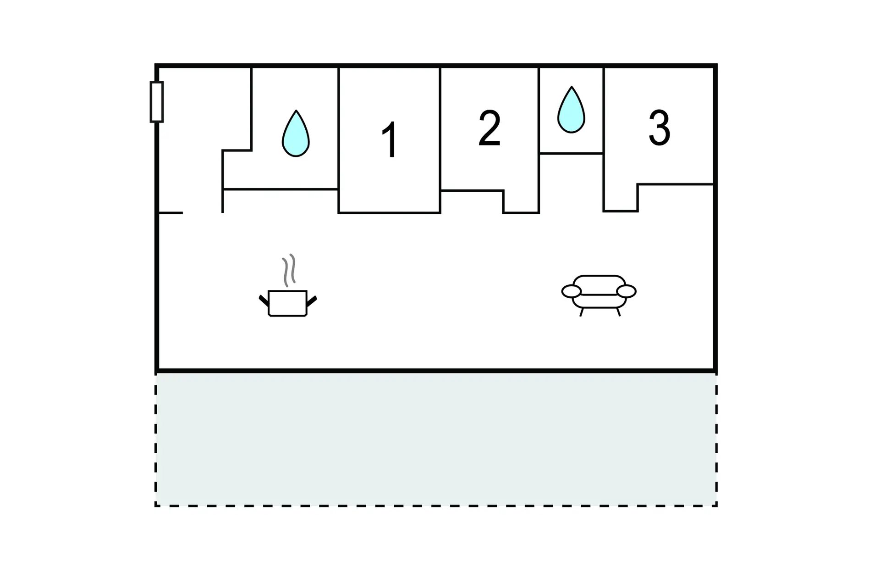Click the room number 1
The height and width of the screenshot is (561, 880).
390,140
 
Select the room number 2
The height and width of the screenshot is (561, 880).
489,128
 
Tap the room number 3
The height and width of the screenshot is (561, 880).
660,128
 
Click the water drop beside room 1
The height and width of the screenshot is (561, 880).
296,133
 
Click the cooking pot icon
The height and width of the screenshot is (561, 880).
288,286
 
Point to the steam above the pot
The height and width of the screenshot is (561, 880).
289,270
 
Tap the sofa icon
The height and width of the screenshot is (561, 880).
599,295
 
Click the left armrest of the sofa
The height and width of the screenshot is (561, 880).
572,291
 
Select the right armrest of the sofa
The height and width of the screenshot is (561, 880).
627,291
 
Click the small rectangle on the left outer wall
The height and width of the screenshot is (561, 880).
157,102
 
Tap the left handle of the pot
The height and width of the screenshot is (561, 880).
264,300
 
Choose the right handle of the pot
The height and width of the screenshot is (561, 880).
312,301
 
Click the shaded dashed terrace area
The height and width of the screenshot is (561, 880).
436,439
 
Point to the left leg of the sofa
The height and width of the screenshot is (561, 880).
582,312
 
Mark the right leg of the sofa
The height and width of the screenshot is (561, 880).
618,312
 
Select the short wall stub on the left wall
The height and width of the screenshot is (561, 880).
170,213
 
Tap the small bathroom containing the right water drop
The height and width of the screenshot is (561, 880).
571,110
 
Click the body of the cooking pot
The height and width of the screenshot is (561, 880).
288,304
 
